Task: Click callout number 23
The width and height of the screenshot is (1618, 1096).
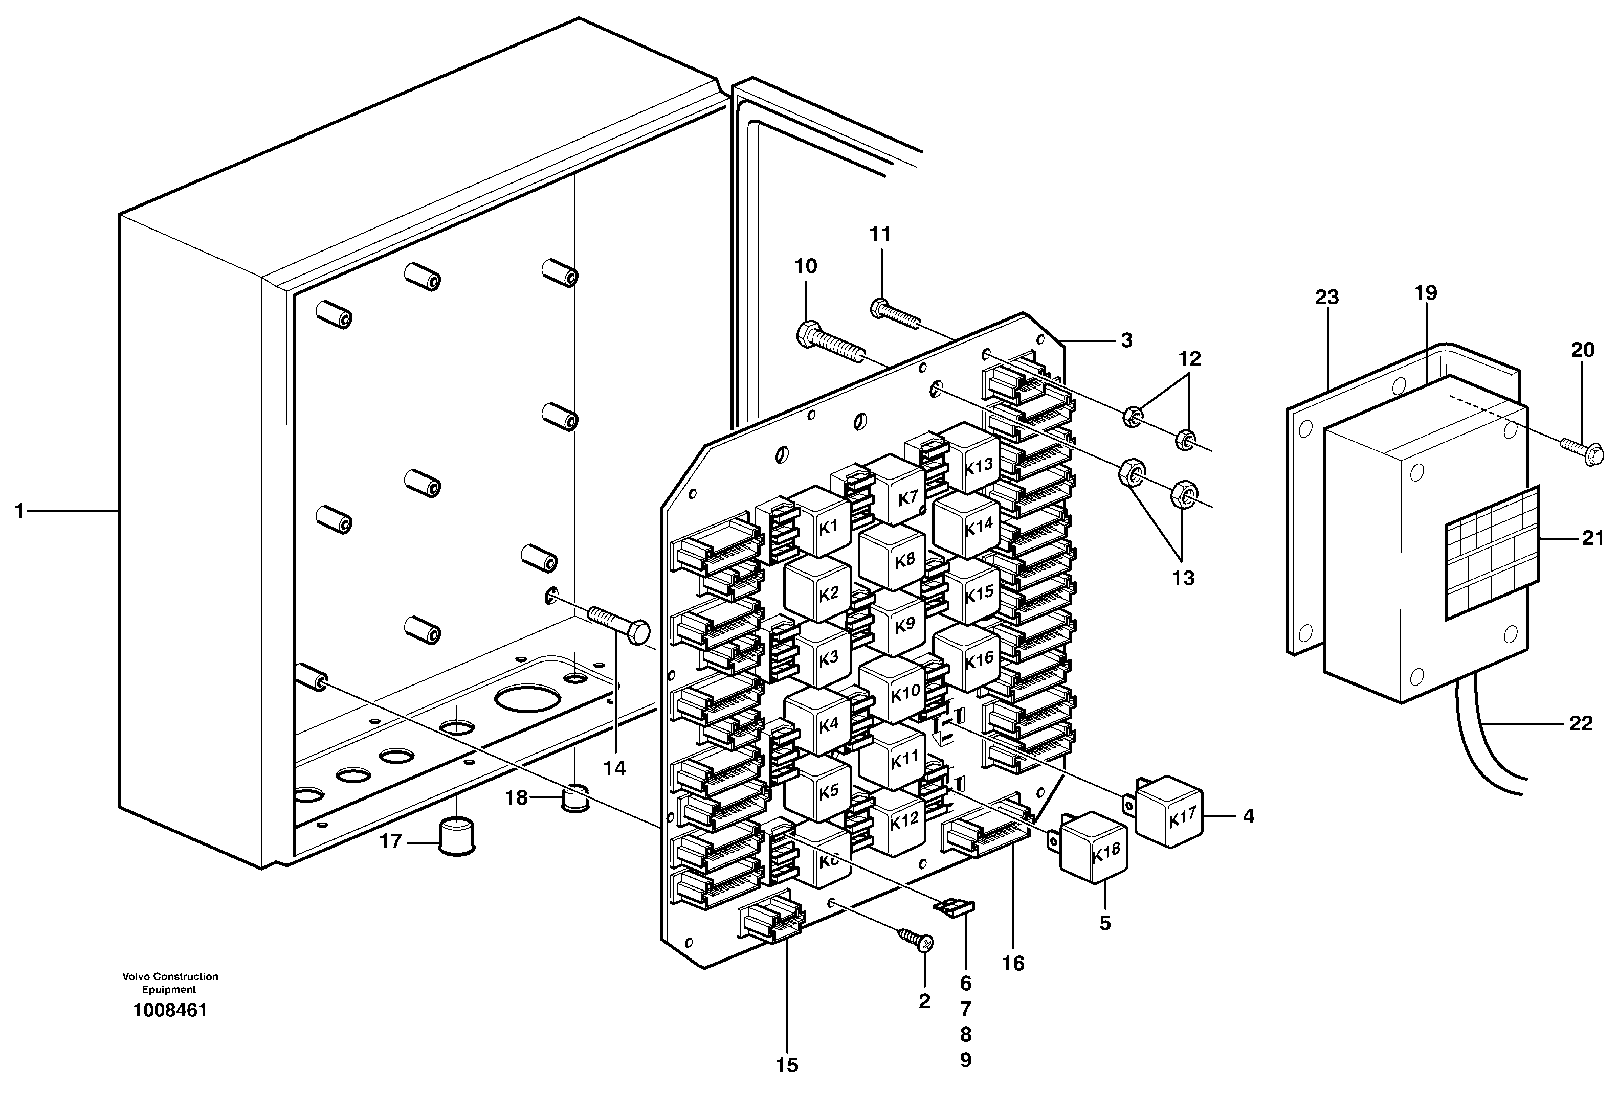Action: click(1326, 297)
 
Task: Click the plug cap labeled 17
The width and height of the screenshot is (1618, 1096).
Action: click(457, 836)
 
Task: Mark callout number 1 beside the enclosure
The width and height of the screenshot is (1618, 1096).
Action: click(19, 512)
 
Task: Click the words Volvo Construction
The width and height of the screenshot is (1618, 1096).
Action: click(170, 976)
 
